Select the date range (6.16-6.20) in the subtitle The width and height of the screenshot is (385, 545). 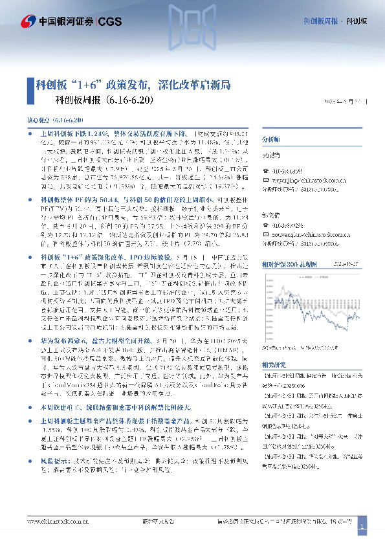click(x=131, y=100)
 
